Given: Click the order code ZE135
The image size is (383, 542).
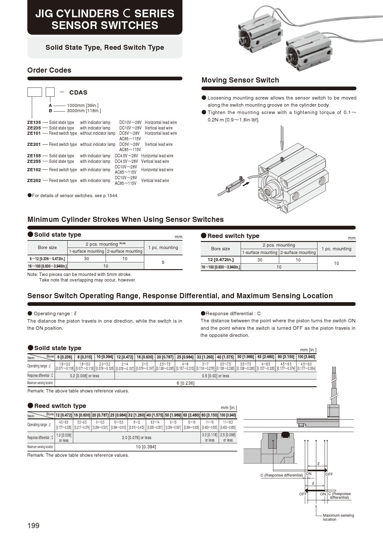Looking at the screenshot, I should pyautogui.click(x=34, y=122).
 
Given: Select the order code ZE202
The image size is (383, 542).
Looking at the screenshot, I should pyautogui.click(x=34, y=180).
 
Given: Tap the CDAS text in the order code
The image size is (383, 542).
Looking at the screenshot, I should pyautogui.click(x=78, y=92).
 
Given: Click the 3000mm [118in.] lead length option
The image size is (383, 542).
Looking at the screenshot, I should pyautogui.click(x=84, y=111).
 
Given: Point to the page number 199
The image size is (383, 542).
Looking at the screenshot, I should pyautogui.click(x=33, y=526).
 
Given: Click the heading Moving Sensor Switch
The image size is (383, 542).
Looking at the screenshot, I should pyautogui.click(x=240, y=80).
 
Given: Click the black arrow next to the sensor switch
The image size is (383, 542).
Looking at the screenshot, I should pyautogui.click(x=246, y=184).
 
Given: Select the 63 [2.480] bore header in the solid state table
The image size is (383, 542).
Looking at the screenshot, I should pyautogui.click(x=266, y=357).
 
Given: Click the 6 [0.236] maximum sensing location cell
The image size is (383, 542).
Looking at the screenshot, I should pyautogui.click(x=185, y=383).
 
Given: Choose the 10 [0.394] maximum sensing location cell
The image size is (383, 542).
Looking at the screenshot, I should pyautogui.click(x=146, y=447).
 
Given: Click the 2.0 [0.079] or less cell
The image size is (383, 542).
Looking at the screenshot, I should pyautogui.click(x=137, y=438).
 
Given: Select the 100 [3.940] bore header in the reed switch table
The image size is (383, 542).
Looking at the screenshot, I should pyautogui.click(x=228, y=415).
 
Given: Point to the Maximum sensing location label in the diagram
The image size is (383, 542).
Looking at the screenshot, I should pyautogui.click(x=338, y=517).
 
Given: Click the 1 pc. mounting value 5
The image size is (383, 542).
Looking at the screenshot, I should pyautogui.click(x=163, y=262).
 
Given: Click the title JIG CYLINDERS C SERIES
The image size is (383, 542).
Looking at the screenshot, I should pyautogui.click(x=105, y=14).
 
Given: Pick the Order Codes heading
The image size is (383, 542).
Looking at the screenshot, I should pyautogui.click(x=49, y=70).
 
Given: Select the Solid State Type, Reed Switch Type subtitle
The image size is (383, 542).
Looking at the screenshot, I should pyautogui.click(x=105, y=48).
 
